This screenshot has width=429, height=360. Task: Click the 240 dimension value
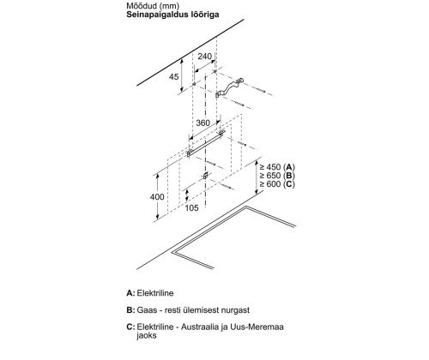205,57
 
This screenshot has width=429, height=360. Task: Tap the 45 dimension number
174,76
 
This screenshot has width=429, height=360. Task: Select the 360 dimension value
203,123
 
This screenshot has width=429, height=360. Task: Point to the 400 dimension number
157,196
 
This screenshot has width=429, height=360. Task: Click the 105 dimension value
191,207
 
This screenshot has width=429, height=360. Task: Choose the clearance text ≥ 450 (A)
277,167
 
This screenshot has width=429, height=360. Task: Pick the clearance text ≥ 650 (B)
277,176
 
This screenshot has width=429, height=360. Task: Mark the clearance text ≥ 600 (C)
277,184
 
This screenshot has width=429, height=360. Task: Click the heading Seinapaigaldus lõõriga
172,15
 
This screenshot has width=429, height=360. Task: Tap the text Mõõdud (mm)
153,5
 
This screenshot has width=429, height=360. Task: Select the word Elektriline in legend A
155,293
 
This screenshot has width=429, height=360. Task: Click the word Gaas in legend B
147,310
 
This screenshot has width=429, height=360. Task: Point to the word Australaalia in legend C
200,327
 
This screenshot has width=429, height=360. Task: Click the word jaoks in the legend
147,335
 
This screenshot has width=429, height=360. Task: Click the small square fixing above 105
205,176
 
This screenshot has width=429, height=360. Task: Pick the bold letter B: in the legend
130,310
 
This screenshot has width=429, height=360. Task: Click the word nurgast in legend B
235,310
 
